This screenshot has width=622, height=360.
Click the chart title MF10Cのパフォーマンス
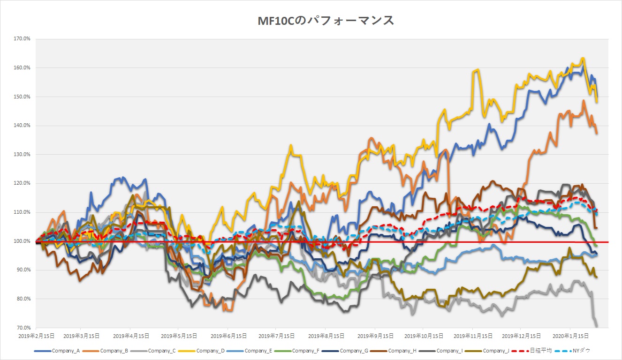(326, 22)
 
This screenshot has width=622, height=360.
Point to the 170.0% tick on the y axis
(22, 39)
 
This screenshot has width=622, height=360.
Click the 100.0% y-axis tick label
(22, 241)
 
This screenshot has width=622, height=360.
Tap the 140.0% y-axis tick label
(22, 126)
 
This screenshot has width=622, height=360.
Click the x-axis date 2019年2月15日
(37, 336)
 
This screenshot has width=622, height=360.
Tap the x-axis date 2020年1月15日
(570, 336)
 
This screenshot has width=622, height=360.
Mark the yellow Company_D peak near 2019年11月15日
(477, 70)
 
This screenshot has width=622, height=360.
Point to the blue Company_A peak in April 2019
(123, 178)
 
